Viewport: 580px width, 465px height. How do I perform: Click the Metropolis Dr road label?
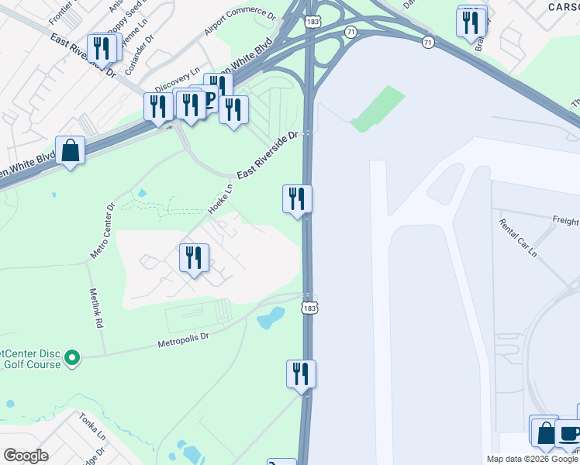tap(184, 339)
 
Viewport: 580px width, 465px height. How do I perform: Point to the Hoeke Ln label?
tap(221, 199)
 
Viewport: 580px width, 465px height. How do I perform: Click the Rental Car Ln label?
tap(519, 237)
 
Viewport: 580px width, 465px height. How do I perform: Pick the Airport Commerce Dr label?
tap(240, 23)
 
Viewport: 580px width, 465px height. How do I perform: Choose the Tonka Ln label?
tap(92, 426)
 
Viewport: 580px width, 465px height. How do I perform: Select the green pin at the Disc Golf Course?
tap(72, 357)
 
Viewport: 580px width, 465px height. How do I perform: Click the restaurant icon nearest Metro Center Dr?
tap(194, 257)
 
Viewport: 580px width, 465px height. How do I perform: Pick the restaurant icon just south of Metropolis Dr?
tap(301, 374)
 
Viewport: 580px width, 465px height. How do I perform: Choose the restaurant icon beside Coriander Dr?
tap(102, 48)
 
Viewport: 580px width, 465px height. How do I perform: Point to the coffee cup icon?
tap(570, 433)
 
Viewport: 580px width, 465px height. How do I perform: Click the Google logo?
tap(26, 456)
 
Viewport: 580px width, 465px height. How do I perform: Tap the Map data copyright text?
tap(532, 459)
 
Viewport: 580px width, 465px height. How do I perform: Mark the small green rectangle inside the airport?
tap(378, 108)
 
